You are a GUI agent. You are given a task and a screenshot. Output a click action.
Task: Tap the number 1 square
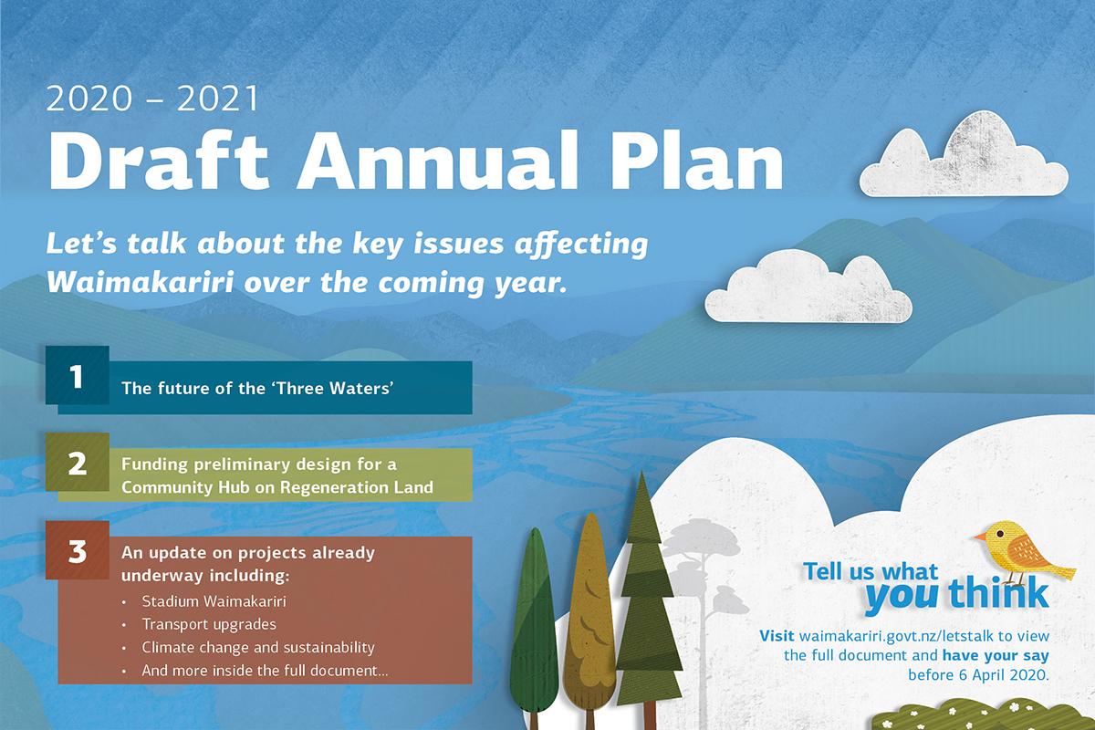coord(78,375)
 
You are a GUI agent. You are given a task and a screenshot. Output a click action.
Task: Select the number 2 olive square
coord(78,462)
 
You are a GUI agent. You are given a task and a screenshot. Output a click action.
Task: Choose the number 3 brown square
coord(78,550)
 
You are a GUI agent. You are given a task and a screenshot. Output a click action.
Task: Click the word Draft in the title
coord(159,160)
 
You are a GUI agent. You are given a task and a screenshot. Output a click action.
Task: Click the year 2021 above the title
coord(217,99)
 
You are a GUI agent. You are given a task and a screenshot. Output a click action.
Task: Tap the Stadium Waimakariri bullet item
coord(214,601)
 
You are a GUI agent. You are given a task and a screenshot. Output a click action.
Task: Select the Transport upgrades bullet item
coord(209,624)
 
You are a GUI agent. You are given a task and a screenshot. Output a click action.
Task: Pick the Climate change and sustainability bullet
coord(258,647)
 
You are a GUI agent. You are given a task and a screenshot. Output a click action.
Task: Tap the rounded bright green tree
coord(534,626)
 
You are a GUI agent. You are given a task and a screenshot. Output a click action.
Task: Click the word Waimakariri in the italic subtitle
coord(140,282)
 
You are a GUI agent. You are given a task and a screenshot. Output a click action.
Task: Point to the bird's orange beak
coord(980,537)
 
